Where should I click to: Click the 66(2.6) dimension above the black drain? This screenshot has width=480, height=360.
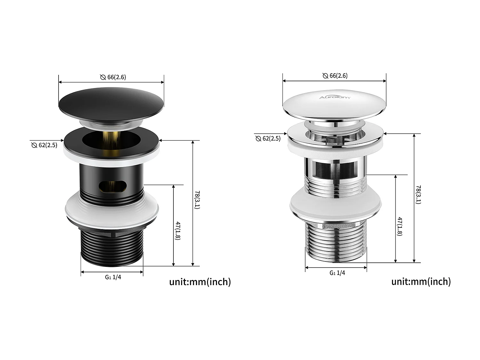click(113, 77)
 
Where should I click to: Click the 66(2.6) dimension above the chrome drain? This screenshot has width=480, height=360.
click(335, 76)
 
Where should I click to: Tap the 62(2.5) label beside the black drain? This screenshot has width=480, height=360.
click(44, 145)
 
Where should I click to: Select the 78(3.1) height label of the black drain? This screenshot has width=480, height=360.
click(197, 200)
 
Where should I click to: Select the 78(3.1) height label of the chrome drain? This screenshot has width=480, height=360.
click(418, 194)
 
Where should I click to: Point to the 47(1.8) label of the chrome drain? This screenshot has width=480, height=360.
click(400, 226)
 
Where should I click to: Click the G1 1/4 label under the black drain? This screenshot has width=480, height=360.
click(113, 277)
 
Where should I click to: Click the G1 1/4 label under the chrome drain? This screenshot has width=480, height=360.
click(337, 273)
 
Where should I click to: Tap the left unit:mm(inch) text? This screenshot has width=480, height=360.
click(200, 282)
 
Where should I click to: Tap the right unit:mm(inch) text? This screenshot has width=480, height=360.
click(421, 282)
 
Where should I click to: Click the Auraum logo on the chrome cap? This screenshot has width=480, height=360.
click(335, 97)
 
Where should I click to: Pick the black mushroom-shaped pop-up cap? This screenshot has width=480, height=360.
click(111, 101)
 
